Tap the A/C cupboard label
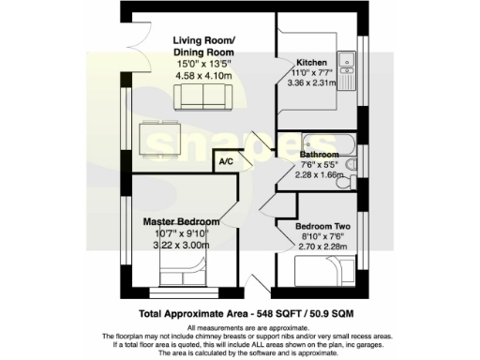(226, 162)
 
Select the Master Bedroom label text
(182, 222)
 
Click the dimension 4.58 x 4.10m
(202, 78)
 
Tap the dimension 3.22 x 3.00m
(182, 246)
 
